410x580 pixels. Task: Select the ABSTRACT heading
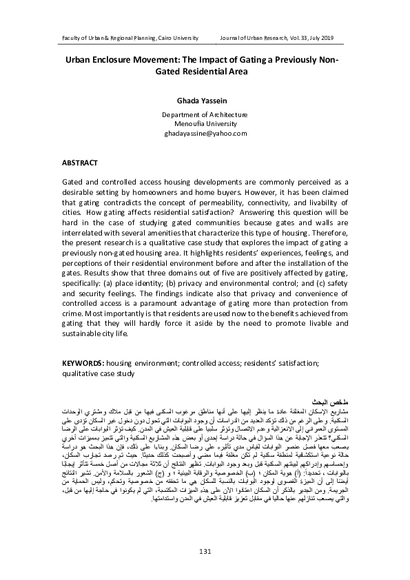click(80, 163)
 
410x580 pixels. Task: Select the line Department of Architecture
click(204, 115)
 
